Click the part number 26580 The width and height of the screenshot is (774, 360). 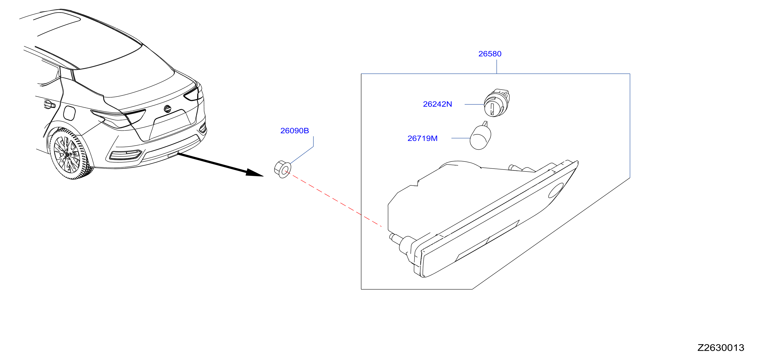(x=490, y=54)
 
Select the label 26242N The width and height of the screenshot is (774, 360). (x=438, y=104)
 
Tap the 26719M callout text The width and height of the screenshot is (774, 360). (x=423, y=138)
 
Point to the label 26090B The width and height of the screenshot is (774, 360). (x=294, y=131)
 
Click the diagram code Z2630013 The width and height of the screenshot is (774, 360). (x=721, y=348)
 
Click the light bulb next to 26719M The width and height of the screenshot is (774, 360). (x=481, y=136)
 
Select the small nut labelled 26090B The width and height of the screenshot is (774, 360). (x=282, y=169)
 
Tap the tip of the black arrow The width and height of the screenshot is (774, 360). (x=263, y=176)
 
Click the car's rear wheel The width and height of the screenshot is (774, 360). (x=70, y=153)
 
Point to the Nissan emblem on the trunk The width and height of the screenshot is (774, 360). (x=167, y=108)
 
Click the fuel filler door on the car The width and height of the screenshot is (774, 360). (x=69, y=113)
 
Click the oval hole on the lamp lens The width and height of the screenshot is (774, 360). (x=556, y=190)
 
